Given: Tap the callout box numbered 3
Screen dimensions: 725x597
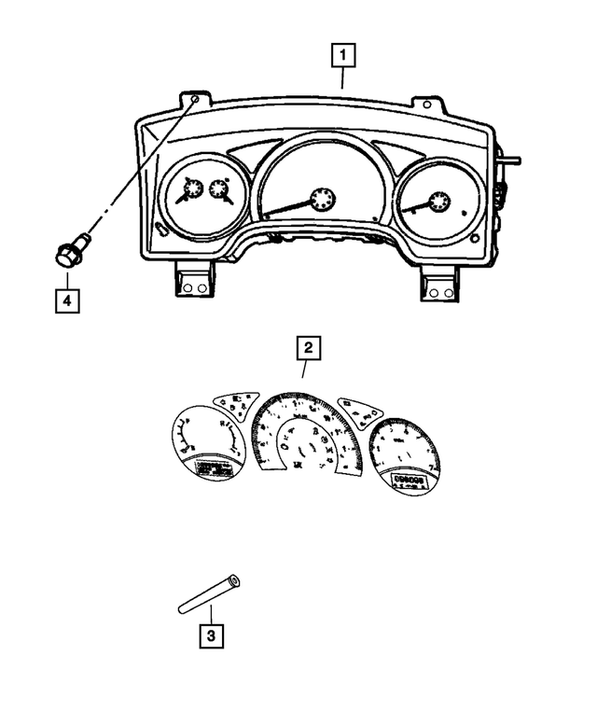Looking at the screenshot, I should coord(211,637).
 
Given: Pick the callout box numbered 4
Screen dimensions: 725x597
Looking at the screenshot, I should coord(66,300).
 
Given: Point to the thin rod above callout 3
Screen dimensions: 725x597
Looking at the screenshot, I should coord(208,595).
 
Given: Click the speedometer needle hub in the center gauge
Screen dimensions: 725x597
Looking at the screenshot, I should coord(321,198).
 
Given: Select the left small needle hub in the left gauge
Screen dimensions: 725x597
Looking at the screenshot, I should coord(191,190).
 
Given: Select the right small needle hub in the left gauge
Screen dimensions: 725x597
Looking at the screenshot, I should coord(220,190).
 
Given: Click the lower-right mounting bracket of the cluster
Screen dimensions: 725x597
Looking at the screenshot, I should coord(436,285).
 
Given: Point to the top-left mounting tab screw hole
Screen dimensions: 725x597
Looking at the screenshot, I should coord(194,98).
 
